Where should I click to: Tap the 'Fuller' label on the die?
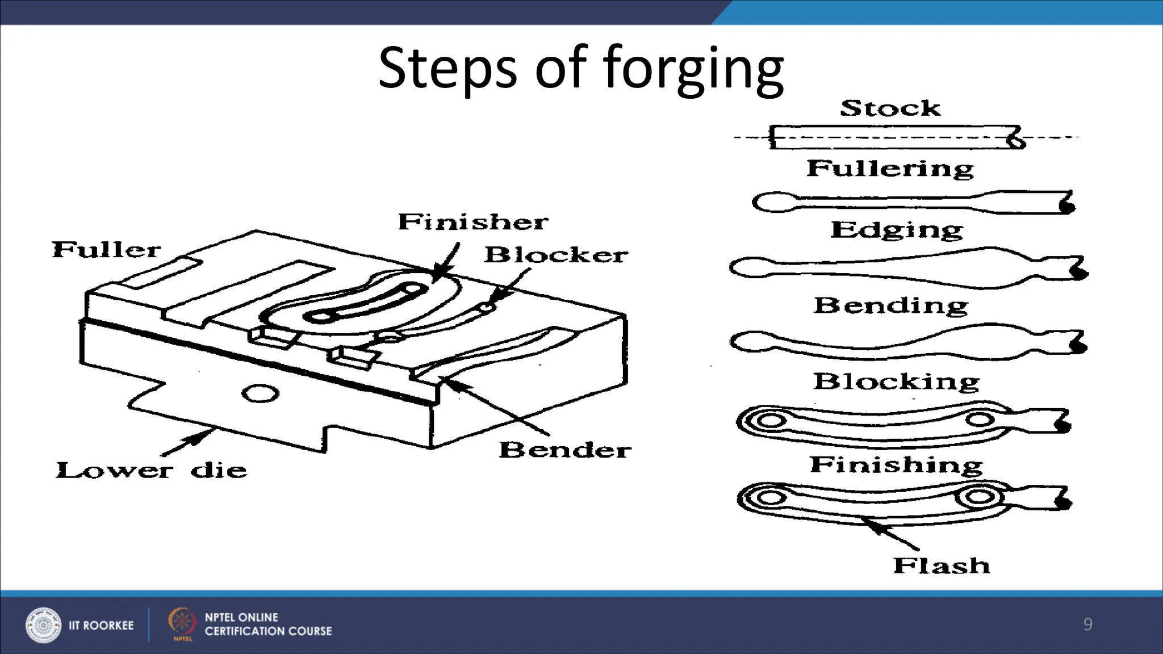[x=106, y=250]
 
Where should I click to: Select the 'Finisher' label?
[x=473, y=222]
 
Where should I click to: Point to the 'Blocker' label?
[x=556, y=255]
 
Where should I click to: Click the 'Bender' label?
[x=564, y=450]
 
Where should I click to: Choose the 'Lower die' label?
[x=151, y=470]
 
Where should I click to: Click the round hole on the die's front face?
[x=260, y=393]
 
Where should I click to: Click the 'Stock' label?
[x=890, y=108]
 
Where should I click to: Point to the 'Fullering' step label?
[x=890, y=169]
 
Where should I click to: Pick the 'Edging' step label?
[x=896, y=230]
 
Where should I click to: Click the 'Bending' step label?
[x=890, y=305]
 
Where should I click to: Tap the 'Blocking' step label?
[x=896, y=381]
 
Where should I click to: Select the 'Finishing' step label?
[x=896, y=464]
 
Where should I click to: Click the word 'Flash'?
[x=941, y=565]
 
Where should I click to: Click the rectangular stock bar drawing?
[x=892, y=137]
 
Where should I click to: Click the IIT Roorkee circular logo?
[x=43, y=625]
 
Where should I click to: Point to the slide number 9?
[x=1087, y=624]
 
